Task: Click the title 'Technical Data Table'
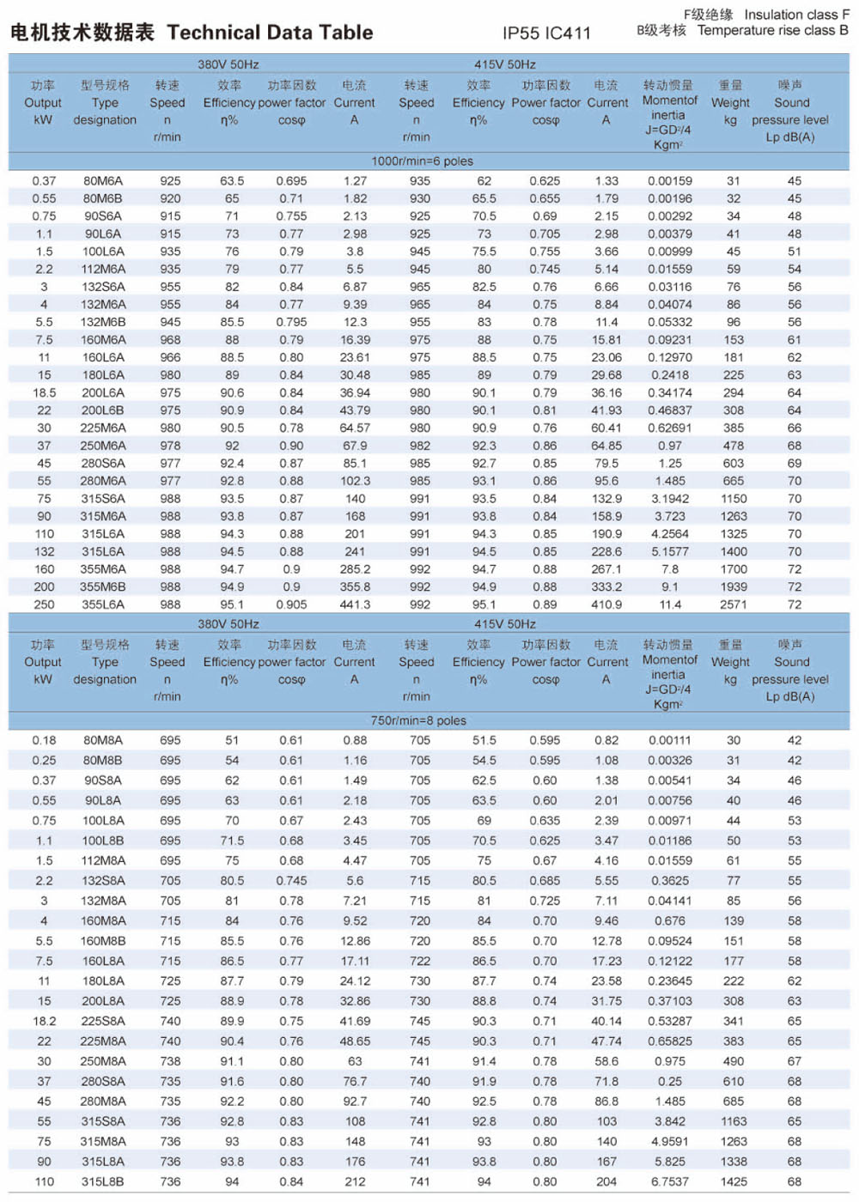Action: click(270, 33)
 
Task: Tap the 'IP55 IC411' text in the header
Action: click(546, 33)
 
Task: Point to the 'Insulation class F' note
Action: click(796, 15)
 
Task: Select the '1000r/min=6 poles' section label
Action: click(422, 161)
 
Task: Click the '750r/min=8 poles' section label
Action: click(418, 721)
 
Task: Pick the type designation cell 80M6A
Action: click(103, 181)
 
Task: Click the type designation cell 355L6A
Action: click(103, 604)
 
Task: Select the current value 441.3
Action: click(355, 604)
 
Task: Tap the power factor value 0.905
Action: click(291, 604)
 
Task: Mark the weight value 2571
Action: click(733, 604)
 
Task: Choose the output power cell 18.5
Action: click(44, 393)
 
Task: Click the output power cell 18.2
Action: click(44, 1022)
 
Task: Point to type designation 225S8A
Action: click(103, 1022)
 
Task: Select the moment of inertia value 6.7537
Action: click(669, 1182)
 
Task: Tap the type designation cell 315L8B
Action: click(103, 1182)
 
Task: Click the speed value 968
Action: click(170, 340)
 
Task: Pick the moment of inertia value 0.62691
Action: click(669, 428)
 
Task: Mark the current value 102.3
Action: click(355, 482)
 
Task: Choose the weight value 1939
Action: click(733, 587)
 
